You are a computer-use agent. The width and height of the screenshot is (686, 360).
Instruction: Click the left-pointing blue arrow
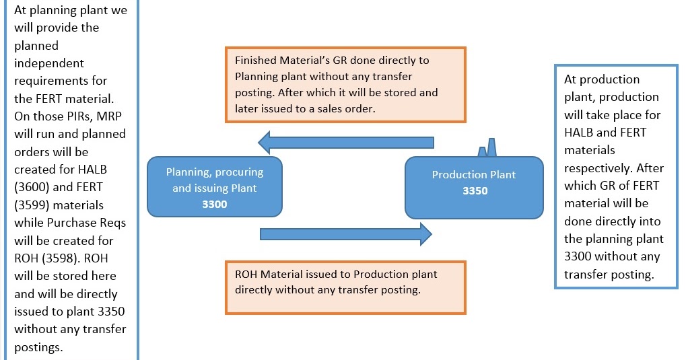tap(346, 142)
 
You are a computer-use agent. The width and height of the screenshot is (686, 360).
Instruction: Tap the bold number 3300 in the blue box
tap(214, 204)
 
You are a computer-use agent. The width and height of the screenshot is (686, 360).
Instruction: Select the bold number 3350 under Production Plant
tap(475, 190)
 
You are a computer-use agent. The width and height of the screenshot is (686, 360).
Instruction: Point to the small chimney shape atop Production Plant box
tap(488, 149)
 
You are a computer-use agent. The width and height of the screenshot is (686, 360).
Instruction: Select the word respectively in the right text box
tap(596, 168)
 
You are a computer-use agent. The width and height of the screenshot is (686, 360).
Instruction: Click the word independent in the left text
tap(49, 63)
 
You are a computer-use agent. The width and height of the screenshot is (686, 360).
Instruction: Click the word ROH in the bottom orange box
tap(246, 275)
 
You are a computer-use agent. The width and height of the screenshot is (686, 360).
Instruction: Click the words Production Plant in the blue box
tap(474, 175)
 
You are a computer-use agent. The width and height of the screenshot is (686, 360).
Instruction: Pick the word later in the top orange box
tap(248, 108)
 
